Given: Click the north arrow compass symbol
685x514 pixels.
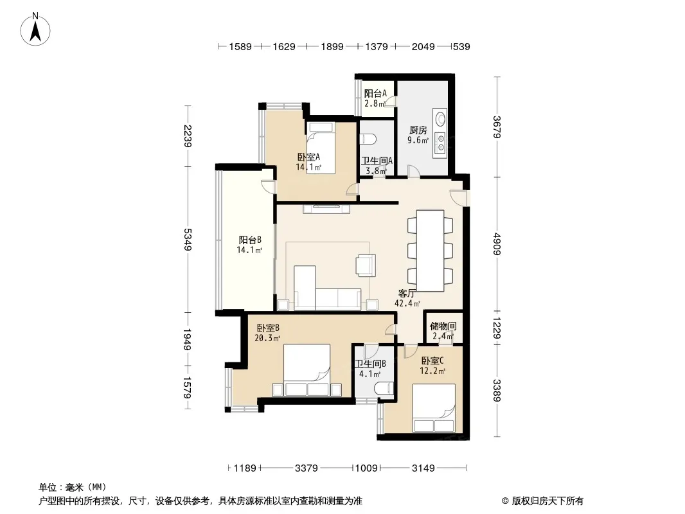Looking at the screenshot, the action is point(35,30).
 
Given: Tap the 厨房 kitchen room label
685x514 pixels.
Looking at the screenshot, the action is point(418,130).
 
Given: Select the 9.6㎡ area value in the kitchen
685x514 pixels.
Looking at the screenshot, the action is point(418,140).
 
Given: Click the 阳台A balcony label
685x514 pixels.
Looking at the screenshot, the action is point(375,93).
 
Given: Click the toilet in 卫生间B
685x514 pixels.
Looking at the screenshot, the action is point(384,389).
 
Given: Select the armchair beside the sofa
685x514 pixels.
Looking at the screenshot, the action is point(366,265).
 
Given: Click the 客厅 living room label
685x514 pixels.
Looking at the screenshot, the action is point(407,294).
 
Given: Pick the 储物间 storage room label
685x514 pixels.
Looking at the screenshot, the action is point(443,326).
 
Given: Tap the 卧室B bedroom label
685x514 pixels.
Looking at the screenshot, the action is point(268,328).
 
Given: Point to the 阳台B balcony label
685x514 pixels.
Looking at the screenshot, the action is point(250,240).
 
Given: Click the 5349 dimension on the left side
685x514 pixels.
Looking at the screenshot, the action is point(188,240).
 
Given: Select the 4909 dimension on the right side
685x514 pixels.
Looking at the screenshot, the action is point(497,244).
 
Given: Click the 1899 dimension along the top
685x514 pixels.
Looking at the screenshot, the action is point(332,47).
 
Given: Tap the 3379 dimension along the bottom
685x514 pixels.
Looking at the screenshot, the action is point(307,468).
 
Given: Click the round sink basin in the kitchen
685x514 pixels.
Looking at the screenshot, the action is point(441,118).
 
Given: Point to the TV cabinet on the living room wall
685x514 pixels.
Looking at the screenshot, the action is point(326,209).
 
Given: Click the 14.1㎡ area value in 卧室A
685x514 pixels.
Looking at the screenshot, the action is point(308,167).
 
